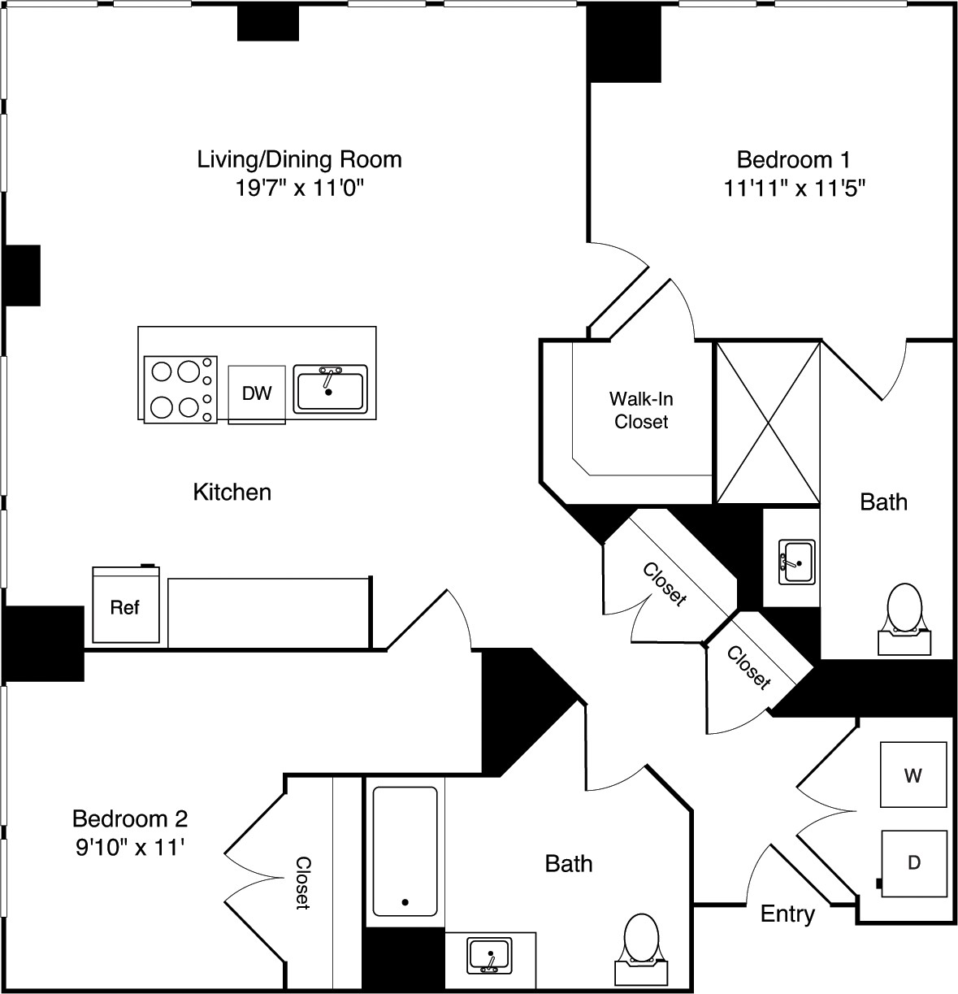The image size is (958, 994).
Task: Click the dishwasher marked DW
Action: tap(257, 394)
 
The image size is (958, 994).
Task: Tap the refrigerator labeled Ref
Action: tap(125, 606)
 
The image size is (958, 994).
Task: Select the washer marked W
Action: tap(914, 775)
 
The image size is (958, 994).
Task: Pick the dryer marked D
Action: tap(914, 862)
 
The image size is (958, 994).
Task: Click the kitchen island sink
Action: tap(330, 389)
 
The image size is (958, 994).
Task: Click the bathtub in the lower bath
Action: tap(405, 851)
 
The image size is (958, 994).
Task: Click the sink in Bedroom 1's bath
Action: tap(797, 561)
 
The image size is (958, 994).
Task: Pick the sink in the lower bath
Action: tap(490, 954)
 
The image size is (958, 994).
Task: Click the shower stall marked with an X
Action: tap(767, 423)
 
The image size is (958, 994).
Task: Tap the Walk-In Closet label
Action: tap(641, 410)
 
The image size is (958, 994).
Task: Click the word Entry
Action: tap(787, 914)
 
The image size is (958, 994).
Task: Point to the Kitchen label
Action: tap(232, 492)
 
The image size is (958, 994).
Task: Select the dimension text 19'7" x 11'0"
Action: tap(299, 189)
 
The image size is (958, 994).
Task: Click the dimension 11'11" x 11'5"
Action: tap(794, 189)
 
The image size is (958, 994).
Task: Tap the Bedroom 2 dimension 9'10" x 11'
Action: tap(130, 848)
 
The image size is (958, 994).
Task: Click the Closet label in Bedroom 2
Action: tap(302, 882)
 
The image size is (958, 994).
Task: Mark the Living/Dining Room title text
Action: tap(299, 158)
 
